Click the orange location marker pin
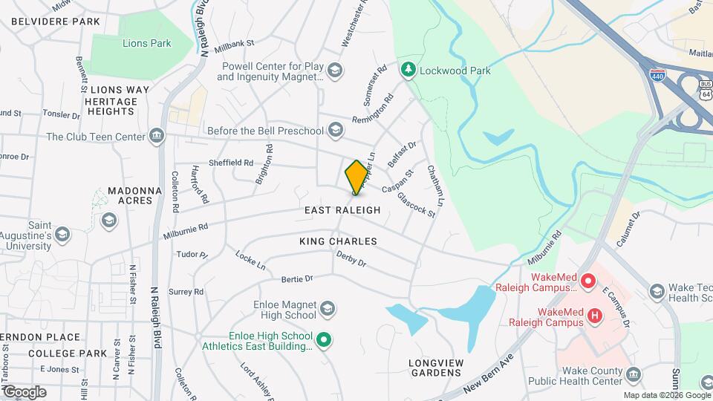click(x=356, y=177)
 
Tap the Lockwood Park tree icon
click(x=408, y=71)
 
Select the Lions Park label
click(x=146, y=43)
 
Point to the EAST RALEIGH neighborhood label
click(x=342, y=211)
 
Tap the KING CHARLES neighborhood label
click(x=338, y=241)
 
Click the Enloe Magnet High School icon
click(x=328, y=307)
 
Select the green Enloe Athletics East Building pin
click(x=323, y=341)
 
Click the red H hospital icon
click(x=594, y=316)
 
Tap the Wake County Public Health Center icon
click(x=632, y=374)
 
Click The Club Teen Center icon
click(x=157, y=136)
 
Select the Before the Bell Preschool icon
click(x=335, y=131)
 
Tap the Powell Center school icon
click(x=334, y=71)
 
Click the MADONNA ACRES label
click(x=134, y=196)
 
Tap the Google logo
click(x=24, y=392)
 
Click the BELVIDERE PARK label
click(x=56, y=22)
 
